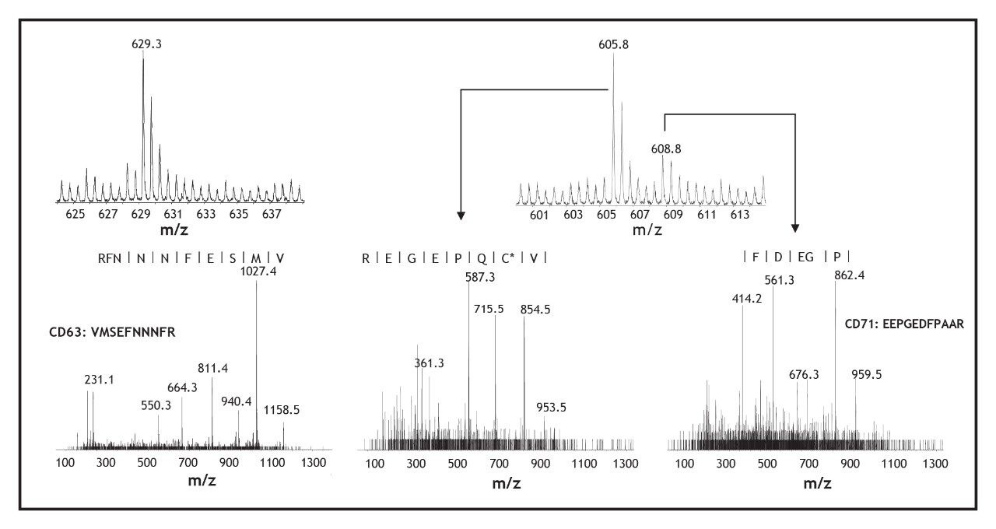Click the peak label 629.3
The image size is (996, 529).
click(143, 44)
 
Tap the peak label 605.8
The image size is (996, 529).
click(613, 44)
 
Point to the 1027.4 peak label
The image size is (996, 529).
click(256, 272)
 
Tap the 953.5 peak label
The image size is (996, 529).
click(552, 408)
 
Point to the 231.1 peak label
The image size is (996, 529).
click(99, 379)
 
